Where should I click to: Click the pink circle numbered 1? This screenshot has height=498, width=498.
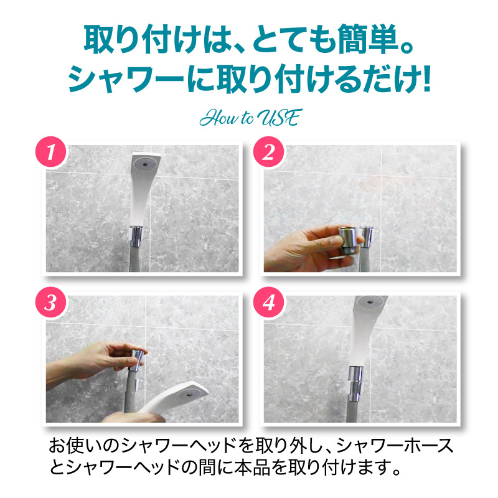(x=51, y=152)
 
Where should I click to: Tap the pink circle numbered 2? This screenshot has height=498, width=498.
(x=268, y=152)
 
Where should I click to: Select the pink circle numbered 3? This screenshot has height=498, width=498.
(x=51, y=303)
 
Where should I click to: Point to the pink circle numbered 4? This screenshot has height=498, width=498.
(x=268, y=303)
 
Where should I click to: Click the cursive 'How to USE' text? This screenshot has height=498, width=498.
(x=251, y=118)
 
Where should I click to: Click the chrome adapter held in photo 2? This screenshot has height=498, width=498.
(x=348, y=240)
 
